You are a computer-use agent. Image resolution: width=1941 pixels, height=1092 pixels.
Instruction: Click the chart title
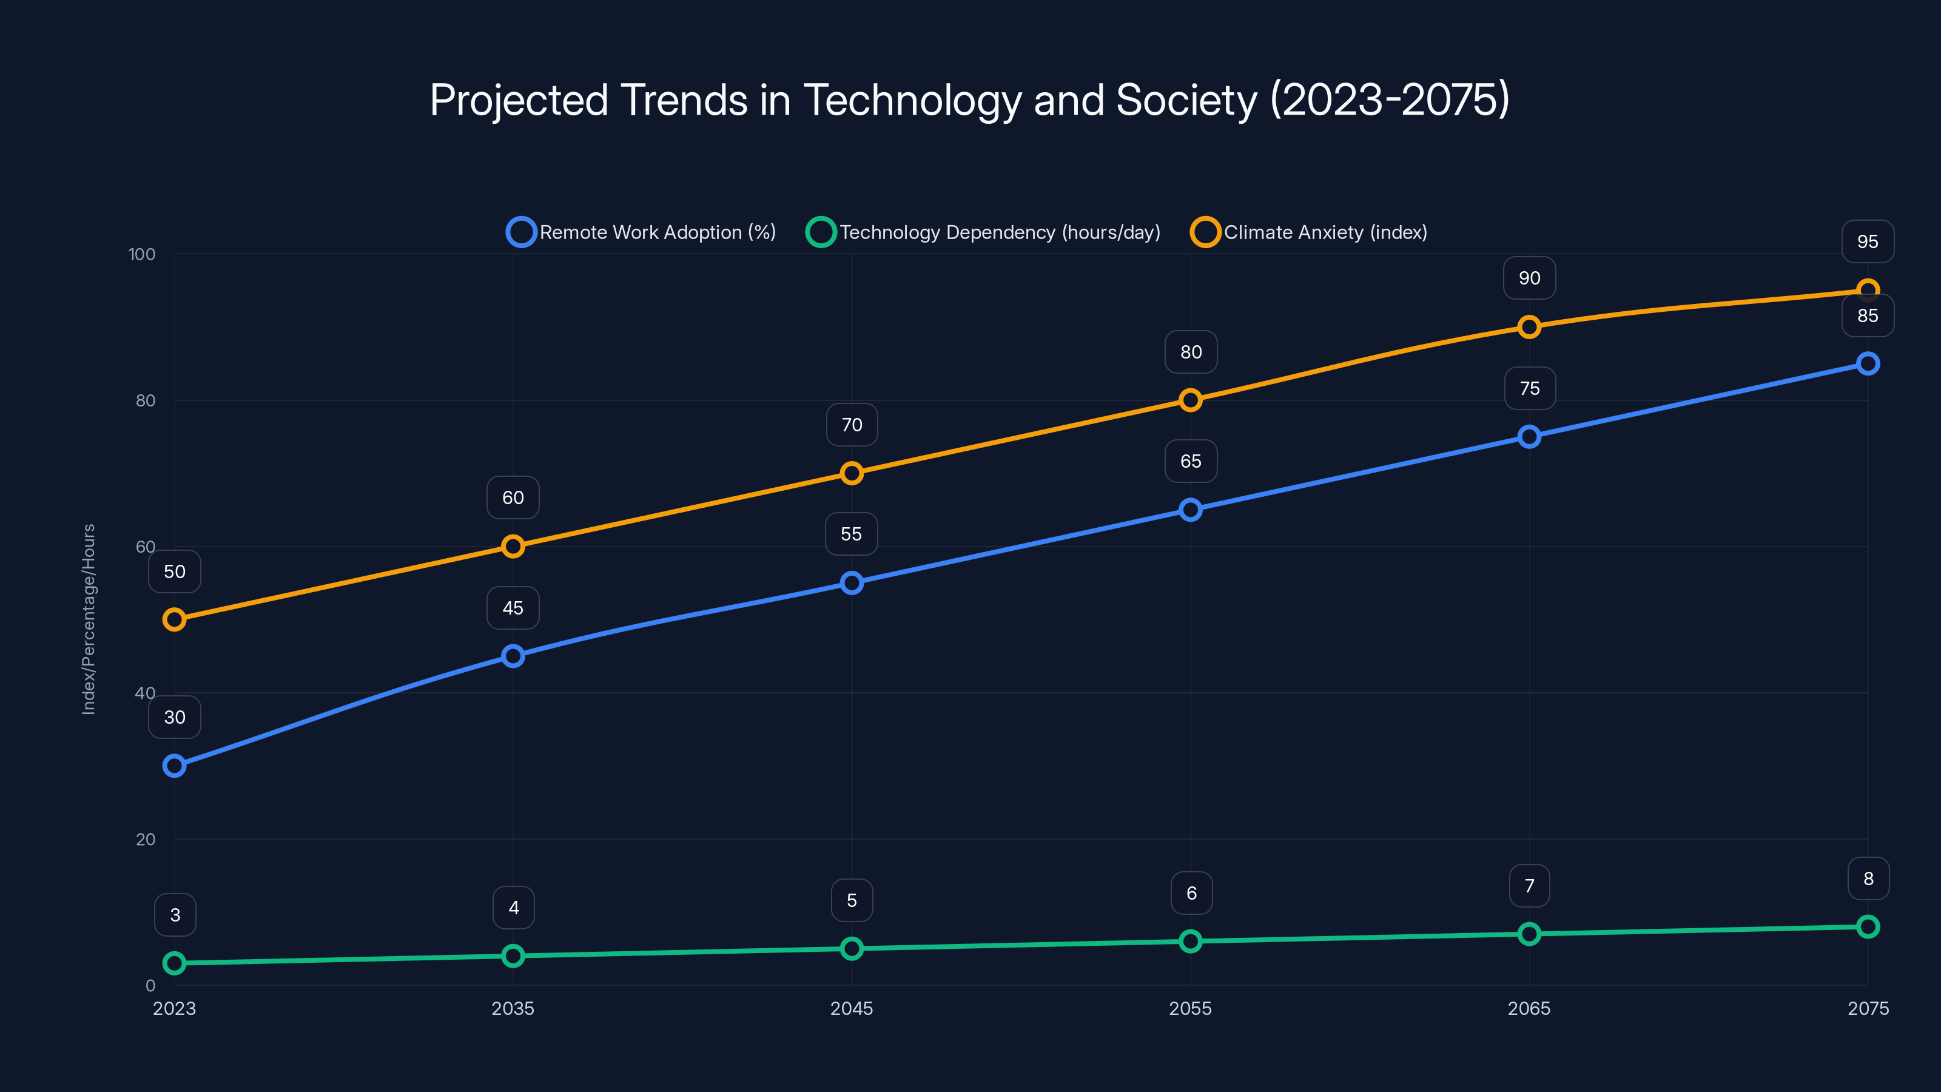[970, 100]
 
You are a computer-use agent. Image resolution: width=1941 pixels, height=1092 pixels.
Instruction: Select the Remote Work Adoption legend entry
[641, 232]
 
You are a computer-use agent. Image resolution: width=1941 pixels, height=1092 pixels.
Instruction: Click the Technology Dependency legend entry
[983, 232]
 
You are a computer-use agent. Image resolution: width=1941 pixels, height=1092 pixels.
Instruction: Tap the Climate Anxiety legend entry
[1310, 232]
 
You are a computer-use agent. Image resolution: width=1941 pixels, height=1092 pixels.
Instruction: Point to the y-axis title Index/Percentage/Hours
[89, 619]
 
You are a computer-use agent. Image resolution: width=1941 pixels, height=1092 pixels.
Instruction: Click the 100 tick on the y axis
[142, 254]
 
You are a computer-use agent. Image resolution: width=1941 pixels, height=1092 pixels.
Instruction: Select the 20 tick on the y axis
[146, 840]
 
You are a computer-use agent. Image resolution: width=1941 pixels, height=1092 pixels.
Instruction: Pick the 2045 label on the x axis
[852, 1008]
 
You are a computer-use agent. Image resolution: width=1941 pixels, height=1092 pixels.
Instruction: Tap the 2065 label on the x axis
[1529, 1008]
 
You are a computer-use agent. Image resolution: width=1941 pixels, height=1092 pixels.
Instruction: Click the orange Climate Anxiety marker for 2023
[174, 619]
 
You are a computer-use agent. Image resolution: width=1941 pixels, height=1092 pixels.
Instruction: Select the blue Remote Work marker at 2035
[513, 656]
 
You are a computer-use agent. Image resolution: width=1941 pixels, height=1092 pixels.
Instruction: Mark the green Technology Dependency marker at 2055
[1191, 942]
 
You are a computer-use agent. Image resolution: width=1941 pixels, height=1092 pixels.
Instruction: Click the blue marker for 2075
[1868, 364]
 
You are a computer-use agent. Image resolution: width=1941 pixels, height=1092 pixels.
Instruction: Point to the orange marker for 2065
[1529, 327]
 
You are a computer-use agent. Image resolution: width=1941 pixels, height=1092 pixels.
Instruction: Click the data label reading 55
[852, 534]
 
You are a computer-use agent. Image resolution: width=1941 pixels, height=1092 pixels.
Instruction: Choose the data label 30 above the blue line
[175, 718]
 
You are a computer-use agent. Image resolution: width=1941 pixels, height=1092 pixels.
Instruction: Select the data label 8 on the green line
[1868, 878]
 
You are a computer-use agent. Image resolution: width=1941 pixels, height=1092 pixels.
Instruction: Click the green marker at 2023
[174, 963]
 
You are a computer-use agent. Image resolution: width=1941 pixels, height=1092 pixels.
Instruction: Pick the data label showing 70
[852, 425]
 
